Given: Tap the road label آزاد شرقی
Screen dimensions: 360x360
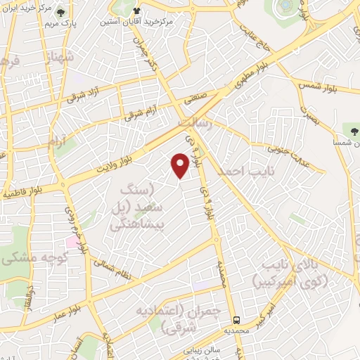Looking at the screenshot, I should [85, 95].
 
